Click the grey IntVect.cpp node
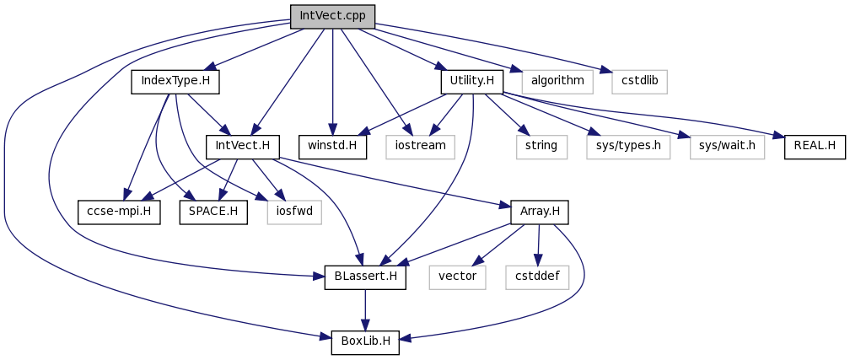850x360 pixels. click(x=332, y=16)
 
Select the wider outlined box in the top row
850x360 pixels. click(x=557, y=82)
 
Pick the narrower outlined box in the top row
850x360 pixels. click(x=639, y=82)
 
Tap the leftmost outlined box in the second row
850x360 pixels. click(x=420, y=148)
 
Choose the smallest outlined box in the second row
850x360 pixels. click(x=541, y=148)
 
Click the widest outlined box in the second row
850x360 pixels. click(x=628, y=148)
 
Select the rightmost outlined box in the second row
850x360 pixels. click(x=727, y=148)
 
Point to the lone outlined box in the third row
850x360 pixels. click(x=293, y=212)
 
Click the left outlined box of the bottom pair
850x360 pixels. click(x=457, y=277)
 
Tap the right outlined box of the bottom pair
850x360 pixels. click(x=537, y=277)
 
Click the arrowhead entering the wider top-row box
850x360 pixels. click(x=516, y=70)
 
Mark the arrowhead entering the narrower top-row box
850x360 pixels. click(x=606, y=71)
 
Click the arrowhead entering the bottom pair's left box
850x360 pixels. click(x=478, y=261)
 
